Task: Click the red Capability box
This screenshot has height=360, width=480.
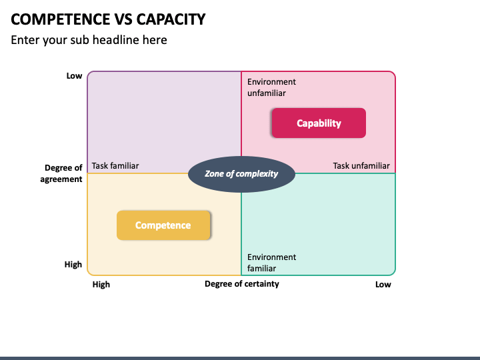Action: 319,123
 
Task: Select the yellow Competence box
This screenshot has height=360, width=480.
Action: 163,225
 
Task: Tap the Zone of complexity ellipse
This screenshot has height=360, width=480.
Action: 241,174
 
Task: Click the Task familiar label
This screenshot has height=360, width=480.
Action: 115,165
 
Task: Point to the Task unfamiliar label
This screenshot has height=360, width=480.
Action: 361,165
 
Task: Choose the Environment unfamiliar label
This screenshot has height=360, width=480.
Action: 271,87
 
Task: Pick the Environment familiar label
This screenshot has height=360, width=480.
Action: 271,263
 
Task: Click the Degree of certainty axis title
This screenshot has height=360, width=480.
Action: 242,284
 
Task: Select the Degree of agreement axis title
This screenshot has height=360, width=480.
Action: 61,173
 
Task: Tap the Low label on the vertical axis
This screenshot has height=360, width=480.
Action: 74,75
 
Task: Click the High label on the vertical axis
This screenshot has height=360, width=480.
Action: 73,264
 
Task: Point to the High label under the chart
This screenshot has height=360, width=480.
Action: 101,285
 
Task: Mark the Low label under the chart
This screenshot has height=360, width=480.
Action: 383,285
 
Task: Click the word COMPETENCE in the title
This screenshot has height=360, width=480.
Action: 61,19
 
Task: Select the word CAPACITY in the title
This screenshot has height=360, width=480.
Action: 171,19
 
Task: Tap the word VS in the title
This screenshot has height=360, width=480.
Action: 123,19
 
